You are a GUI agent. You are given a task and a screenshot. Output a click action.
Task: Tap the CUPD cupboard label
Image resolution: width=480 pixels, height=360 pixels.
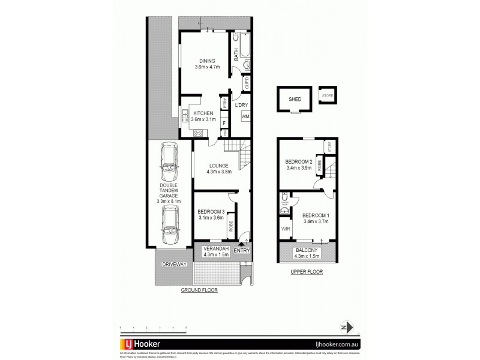(247, 83)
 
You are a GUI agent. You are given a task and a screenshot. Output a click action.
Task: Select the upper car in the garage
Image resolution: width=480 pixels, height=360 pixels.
(169, 160)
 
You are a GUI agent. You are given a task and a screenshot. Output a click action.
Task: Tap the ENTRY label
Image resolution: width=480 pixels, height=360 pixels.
(242, 251)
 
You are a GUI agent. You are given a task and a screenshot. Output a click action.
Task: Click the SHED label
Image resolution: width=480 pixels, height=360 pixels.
(295, 100)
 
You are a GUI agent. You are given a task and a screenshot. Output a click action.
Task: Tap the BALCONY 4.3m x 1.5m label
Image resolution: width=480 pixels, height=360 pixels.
(307, 254)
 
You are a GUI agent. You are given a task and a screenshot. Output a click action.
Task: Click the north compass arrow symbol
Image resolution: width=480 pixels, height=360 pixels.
(343, 326)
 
